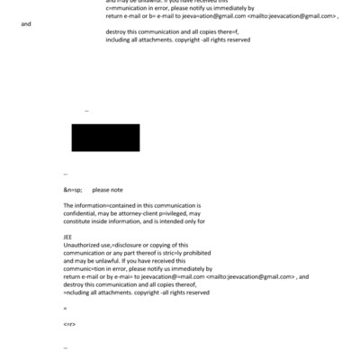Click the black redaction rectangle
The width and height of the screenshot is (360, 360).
105,138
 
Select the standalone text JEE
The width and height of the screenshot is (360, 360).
68,237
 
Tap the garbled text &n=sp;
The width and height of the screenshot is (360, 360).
73,190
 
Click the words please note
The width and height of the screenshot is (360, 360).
107,190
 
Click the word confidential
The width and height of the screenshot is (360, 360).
81,213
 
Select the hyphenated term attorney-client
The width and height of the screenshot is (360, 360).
144,213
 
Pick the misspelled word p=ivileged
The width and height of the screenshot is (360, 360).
184,213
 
